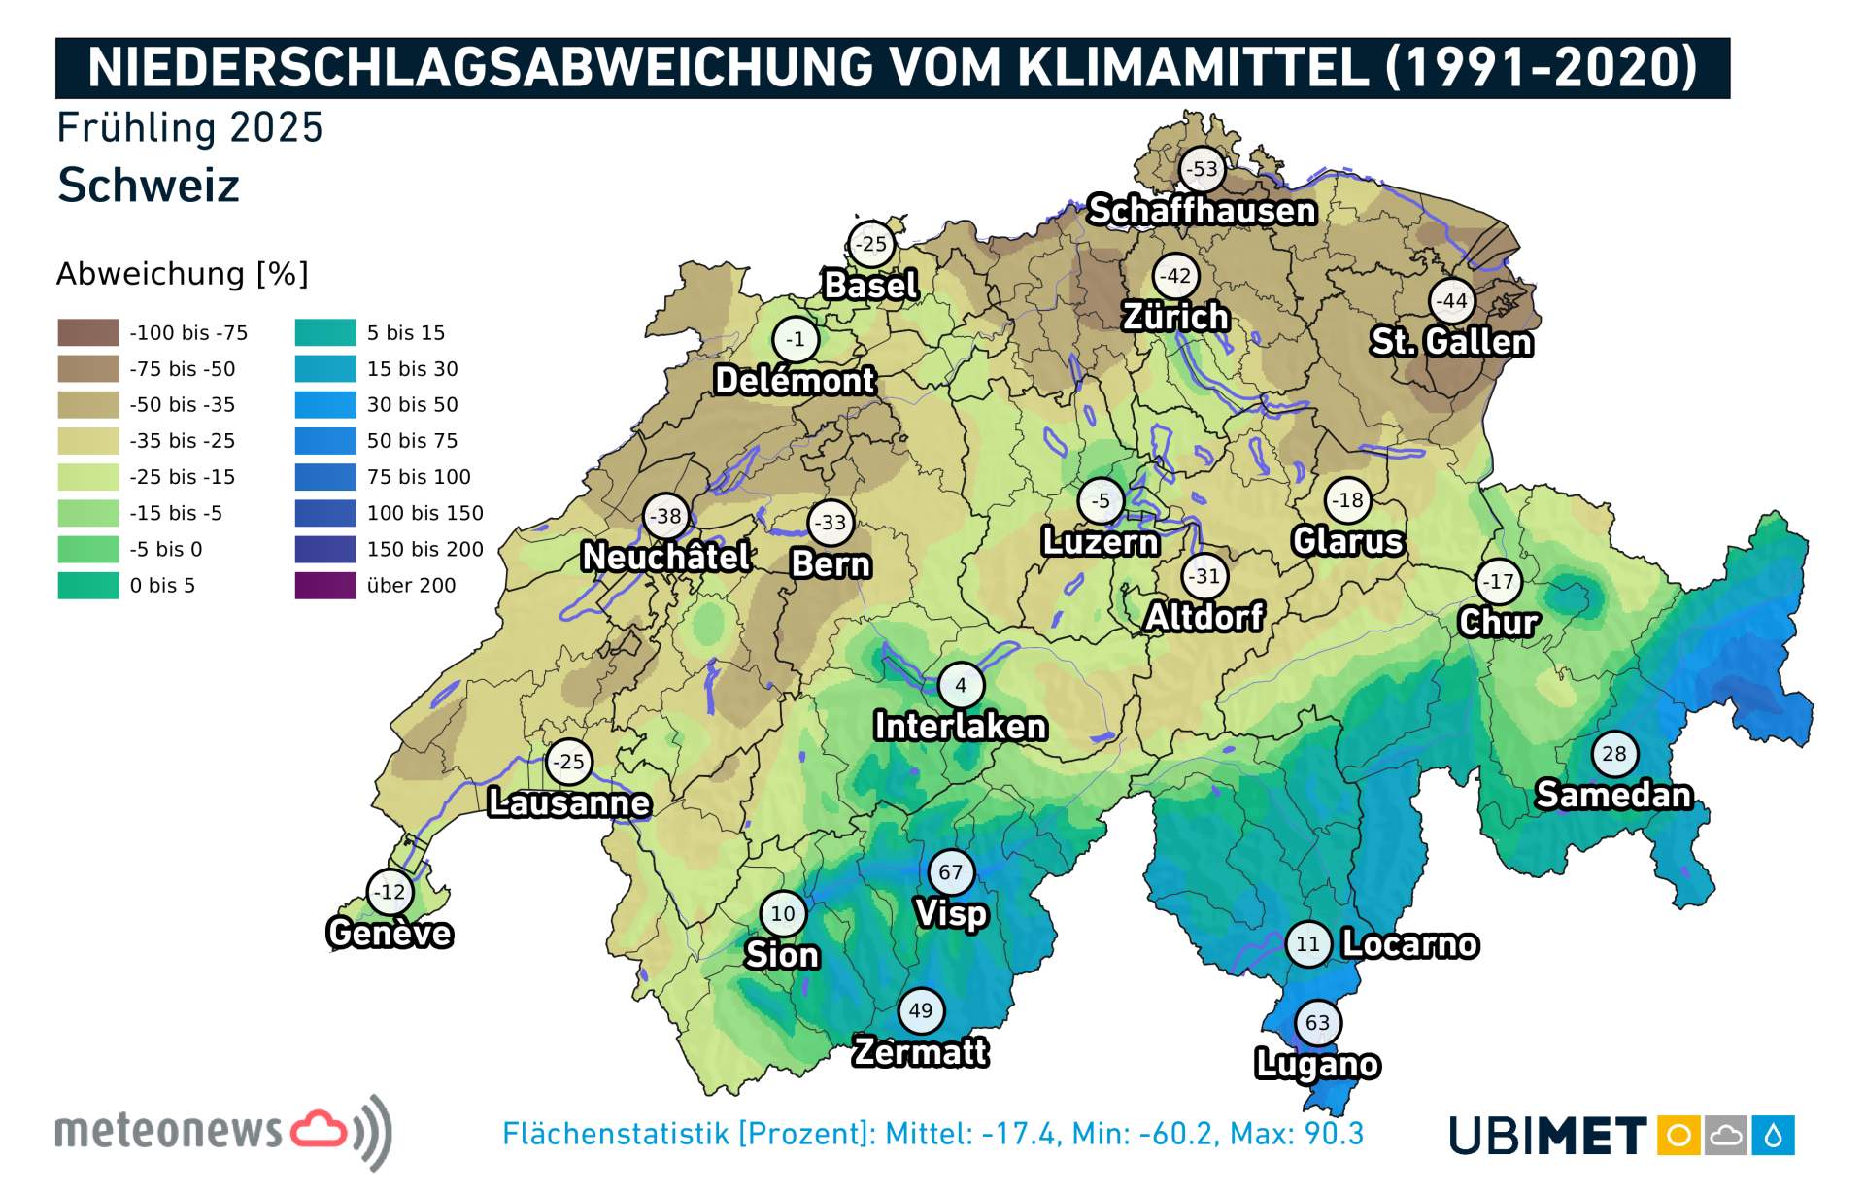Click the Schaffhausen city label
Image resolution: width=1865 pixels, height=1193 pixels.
[x=1202, y=211]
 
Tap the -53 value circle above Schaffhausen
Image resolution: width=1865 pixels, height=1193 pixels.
[x=1203, y=169]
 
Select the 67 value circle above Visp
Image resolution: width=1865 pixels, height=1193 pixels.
[x=950, y=872]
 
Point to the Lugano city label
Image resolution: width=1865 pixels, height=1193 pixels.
[x=1316, y=1064]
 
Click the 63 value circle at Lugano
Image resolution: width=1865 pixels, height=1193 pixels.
[x=1317, y=1022]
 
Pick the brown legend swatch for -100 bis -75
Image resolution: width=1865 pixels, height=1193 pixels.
[x=87, y=333]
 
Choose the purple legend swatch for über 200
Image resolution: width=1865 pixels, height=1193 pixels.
[x=325, y=586]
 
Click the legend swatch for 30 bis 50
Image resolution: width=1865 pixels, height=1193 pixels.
[x=325, y=405]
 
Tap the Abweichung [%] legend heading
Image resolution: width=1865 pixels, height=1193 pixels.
[x=182, y=274]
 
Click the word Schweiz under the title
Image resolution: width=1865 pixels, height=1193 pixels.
[x=148, y=186]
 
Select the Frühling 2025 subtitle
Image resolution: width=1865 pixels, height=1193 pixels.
[x=189, y=128]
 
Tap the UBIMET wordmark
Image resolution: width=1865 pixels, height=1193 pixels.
[x=1546, y=1136]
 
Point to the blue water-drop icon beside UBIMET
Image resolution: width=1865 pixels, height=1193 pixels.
[x=1774, y=1136]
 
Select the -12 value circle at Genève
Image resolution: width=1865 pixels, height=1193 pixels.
[x=390, y=892]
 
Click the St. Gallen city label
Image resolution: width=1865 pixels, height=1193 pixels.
[x=1451, y=342]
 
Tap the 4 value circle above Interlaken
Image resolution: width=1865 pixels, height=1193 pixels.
[x=961, y=685]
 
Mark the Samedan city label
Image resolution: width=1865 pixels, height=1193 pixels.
[x=1613, y=795]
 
